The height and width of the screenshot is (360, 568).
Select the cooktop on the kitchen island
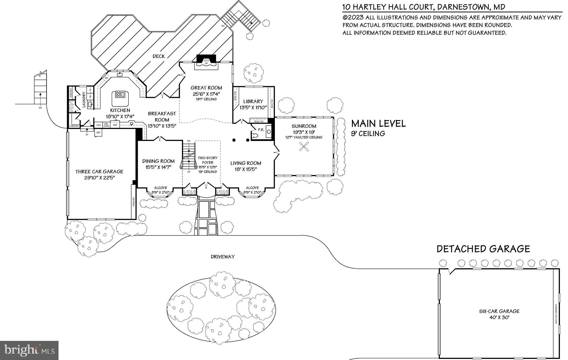[x=120, y=94]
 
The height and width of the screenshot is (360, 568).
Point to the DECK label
[x=159, y=56]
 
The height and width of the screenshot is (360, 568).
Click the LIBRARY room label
[x=253, y=102]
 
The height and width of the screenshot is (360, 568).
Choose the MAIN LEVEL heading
[x=378, y=123]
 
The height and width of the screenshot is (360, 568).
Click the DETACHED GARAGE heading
[x=483, y=249]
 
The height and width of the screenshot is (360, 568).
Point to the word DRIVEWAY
[x=222, y=257]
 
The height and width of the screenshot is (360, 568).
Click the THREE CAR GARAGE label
[x=99, y=172]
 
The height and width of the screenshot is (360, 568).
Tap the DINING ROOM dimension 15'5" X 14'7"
[x=158, y=167]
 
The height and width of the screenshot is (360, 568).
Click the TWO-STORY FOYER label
[x=208, y=160]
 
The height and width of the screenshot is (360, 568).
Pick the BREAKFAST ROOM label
[x=162, y=117]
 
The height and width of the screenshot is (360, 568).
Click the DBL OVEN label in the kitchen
[x=106, y=125]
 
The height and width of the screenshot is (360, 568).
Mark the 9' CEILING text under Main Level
[x=368, y=134]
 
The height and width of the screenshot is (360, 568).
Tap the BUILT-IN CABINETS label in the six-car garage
[x=556, y=314]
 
